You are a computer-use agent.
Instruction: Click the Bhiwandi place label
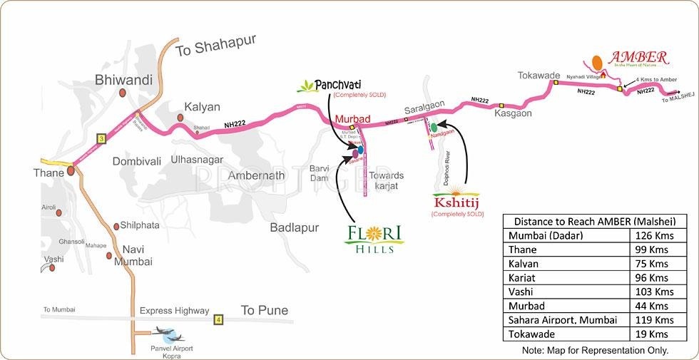point(123,81)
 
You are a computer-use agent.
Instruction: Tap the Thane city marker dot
point(71,171)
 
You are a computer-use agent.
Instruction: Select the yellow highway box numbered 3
point(101,138)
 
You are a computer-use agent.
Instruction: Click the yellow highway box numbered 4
point(218,319)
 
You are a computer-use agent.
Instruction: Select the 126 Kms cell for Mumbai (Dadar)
point(653,236)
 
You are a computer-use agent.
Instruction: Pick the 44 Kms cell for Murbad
point(653,306)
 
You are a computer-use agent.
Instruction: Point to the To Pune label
point(264,310)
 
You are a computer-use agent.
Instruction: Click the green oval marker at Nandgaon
point(433,128)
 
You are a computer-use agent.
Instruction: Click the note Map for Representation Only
point(595,350)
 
